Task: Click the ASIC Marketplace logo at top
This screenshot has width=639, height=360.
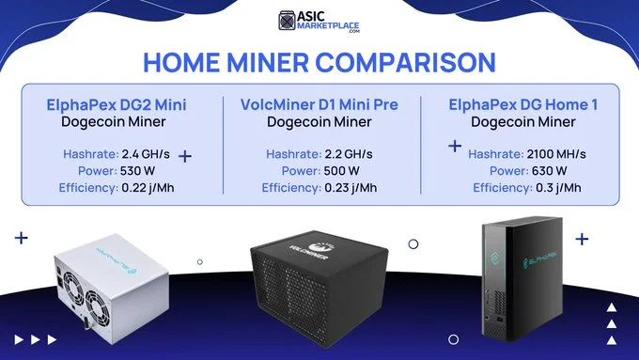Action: tap(319, 22)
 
